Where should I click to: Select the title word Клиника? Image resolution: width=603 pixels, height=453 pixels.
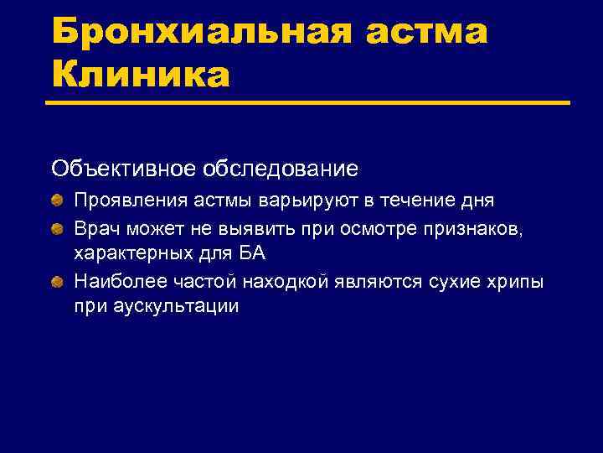(x=140, y=75)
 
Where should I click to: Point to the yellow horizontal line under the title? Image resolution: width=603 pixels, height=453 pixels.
(x=310, y=103)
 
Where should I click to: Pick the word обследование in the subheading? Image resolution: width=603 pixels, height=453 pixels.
(x=280, y=169)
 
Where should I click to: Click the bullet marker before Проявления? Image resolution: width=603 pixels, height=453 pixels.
(x=57, y=201)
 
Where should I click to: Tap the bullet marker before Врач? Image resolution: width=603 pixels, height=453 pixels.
(x=57, y=228)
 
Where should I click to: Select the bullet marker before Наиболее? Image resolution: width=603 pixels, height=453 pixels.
(x=57, y=280)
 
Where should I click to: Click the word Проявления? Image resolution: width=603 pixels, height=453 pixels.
(x=122, y=201)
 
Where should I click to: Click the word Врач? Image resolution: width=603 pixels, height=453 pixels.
(x=95, y=227)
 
